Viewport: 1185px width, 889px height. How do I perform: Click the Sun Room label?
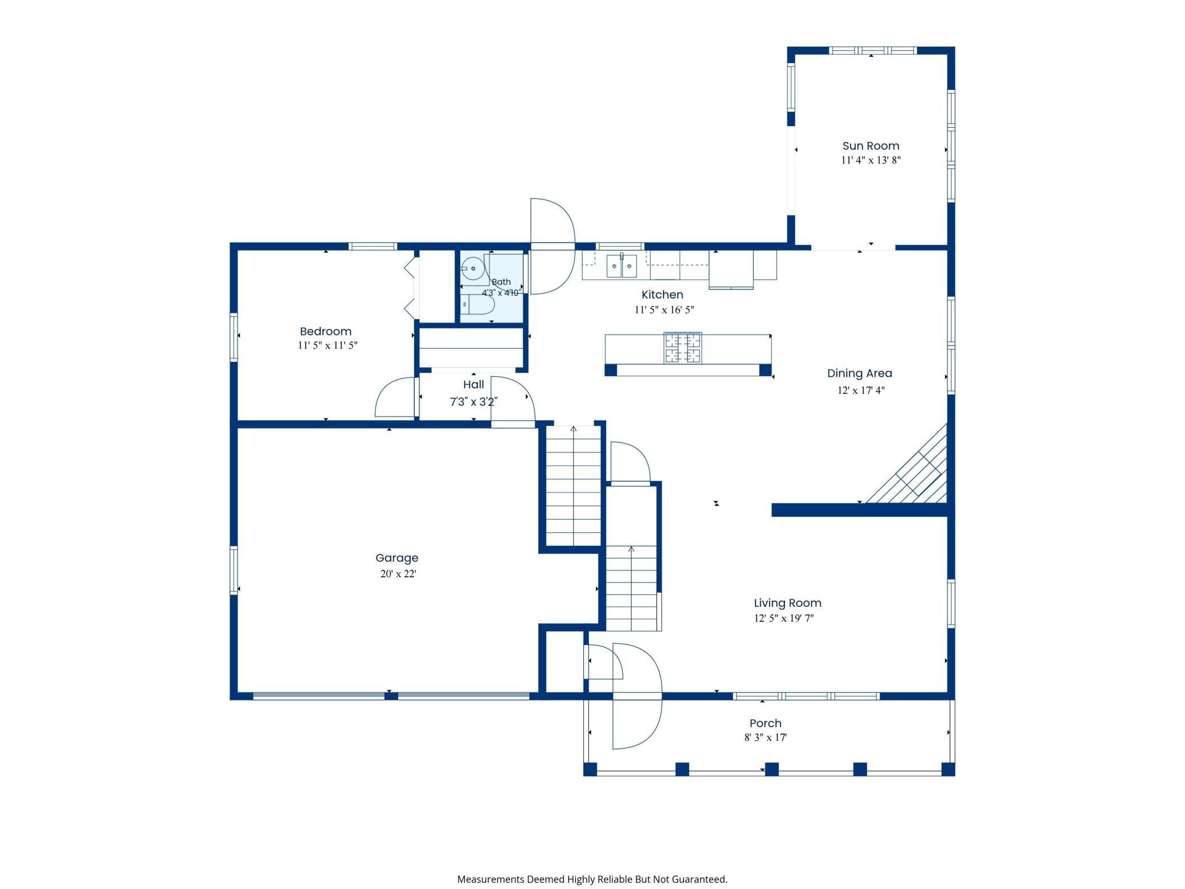coord(871,146)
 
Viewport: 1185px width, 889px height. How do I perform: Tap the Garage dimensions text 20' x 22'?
coord(398,574)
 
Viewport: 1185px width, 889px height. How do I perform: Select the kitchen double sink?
coord(622,266)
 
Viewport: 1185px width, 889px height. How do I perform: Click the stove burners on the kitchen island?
coord(683,348)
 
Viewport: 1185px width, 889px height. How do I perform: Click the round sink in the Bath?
coord(472,268)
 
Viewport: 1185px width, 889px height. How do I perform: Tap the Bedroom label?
coord(325,331)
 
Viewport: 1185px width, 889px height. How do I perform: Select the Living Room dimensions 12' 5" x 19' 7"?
coord(784,618)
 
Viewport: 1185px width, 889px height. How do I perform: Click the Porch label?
coord(765,723)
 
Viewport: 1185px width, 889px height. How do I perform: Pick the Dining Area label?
coord(860,373)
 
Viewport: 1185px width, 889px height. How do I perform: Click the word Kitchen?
coord(662,295)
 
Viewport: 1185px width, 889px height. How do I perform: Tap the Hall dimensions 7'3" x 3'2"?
coord(473,402)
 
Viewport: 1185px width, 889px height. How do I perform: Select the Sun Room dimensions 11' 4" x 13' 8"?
coord(871,160)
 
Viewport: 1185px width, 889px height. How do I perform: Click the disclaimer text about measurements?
coord(592,879)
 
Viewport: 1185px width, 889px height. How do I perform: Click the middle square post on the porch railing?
coord(771,769)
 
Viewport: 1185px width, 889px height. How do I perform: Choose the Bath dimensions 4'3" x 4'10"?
coord(501,293)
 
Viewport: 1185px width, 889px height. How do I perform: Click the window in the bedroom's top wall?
coord(373,246)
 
